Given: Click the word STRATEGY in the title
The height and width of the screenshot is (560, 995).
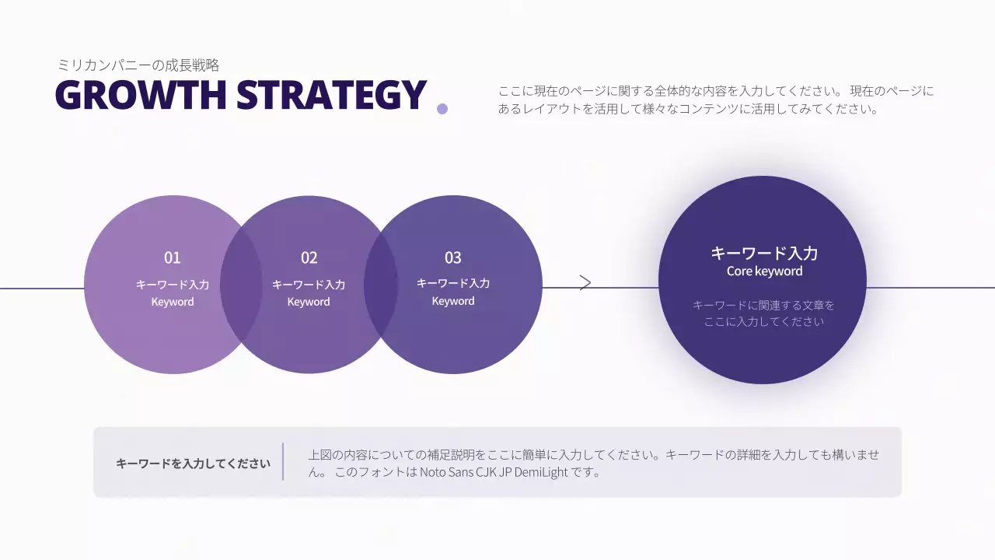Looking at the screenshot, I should pos(332,96).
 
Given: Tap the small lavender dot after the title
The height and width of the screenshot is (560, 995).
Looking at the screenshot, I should pos(442,109).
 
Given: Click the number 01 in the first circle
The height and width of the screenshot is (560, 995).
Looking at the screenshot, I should pos(172,257).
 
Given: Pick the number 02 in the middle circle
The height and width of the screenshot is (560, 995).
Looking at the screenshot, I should pos(309,257).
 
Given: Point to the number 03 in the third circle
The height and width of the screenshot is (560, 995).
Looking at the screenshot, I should pos(452,257).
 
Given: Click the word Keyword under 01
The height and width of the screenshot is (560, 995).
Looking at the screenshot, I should pos(173,302).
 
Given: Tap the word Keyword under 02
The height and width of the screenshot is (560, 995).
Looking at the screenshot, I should pos(309,302).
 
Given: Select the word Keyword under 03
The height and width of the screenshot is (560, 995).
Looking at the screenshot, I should pos(453,301).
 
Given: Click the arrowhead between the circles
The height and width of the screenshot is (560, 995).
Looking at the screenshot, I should pos(586,282).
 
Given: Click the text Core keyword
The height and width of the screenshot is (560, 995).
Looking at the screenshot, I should pos(764,271).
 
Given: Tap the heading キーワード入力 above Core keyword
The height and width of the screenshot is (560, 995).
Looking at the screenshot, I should pos(764,253).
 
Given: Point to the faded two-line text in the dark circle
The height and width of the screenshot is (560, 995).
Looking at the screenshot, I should pos(763,313).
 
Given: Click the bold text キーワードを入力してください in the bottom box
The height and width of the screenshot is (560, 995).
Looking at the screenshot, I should pos(193,464).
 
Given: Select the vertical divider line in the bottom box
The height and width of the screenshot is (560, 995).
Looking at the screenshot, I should pos(283,462).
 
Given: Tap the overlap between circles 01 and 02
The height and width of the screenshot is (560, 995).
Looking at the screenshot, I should pos(241,285).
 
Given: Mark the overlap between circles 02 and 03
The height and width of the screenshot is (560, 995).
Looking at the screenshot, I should pos(381,285).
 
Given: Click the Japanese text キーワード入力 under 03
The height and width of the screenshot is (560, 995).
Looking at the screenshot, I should pos(453,283).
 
